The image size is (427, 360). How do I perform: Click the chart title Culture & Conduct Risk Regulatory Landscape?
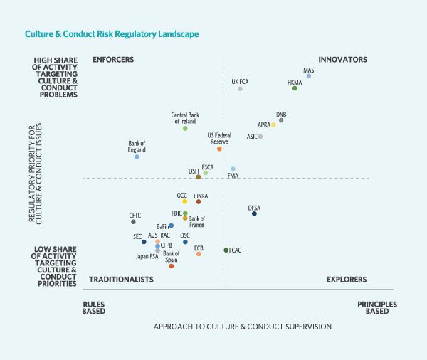pyautogui.click(x=112, y=33)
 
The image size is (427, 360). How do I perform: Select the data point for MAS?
pyautogui.click(x=308, y=76)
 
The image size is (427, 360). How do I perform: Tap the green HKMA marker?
pyautogui.click(x=295, y=88)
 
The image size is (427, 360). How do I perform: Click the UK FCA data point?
pyautogui.click(x=240, y=88)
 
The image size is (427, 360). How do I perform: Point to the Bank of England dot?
pyautogui.click(x=137, y=157)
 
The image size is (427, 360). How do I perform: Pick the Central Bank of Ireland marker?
pyautogui.click(x=185, y=128)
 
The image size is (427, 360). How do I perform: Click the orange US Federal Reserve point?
pyautogui.click(x=219, y=149)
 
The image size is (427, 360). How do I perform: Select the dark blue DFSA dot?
pyautogui.click(x=254, y=213)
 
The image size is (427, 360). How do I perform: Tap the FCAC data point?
pyautogui.click(x=226, y=250)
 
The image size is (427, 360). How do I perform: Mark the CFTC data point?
pyautogui.click(x=133, y=222)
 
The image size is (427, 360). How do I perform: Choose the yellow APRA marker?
pyautogui.click(x=273, y=125)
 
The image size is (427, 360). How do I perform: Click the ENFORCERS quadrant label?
pyautogui.click(x=113, y=60)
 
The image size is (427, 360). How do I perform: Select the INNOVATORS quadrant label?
pyautogui.click(x=342, y=60)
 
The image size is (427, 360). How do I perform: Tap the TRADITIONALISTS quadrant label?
pyautogui.click(x=121, y=280)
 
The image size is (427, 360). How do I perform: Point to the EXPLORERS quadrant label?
pyautogui.click(x=347, y=280)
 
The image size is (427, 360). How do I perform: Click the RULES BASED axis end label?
pyautogui.click(x=94, y=307)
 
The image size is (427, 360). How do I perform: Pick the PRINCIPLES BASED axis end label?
pyautogui.click(x=376, y=307)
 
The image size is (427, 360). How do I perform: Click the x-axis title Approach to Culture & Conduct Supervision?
pyautogui.click(x=242, y=327)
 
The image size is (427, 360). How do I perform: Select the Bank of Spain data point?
pyautogui.click(x=172, y=266)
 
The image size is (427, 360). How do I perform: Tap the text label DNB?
pyautogui.click(x=281, y=114)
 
